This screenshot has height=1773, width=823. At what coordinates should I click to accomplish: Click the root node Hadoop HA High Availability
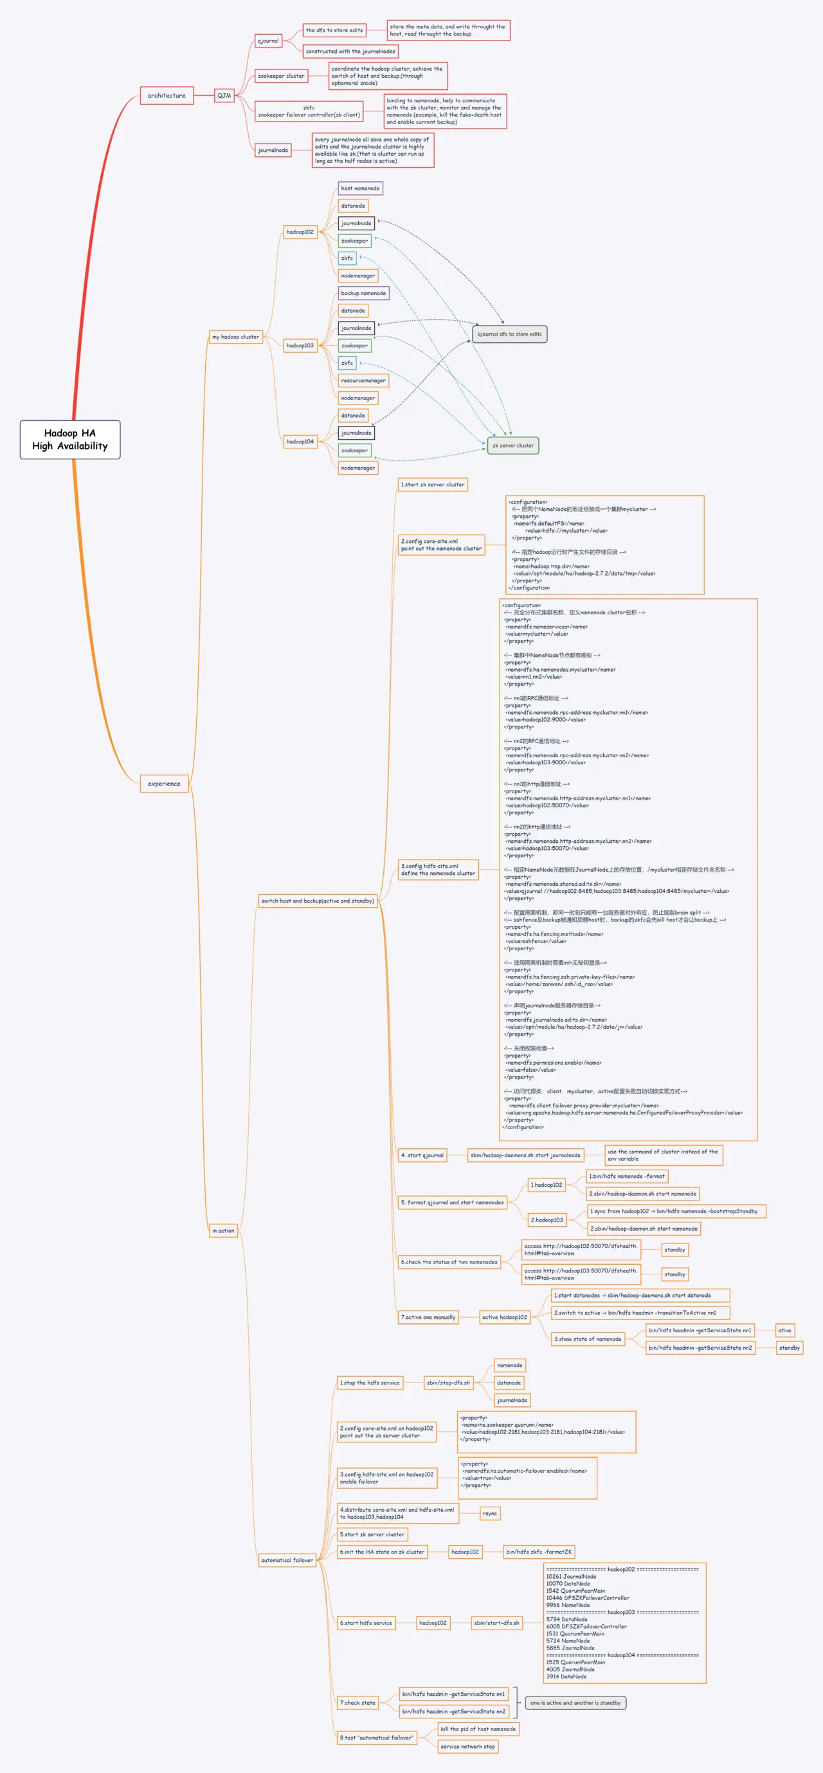coord(69,439)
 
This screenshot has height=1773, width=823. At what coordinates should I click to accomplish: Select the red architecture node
coord(167,96)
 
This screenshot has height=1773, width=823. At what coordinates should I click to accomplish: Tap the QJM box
coord(224,96)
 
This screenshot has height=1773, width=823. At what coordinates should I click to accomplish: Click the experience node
coord(164,784)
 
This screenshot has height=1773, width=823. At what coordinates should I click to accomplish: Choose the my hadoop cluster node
coord(235,336)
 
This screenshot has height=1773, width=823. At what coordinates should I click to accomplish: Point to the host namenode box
coord(360,188)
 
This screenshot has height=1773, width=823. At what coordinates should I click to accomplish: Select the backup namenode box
coord(363,293)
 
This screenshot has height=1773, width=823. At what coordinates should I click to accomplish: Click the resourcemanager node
coord(363,381)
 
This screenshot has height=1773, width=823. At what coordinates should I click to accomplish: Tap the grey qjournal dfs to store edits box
coord(509,334)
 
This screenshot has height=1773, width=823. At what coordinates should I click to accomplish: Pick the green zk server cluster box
coord(512,445)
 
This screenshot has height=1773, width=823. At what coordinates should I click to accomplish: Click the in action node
coord(223,1231)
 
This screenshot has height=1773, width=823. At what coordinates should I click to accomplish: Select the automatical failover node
coord(287,1560)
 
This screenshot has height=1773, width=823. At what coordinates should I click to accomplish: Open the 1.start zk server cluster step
coord(433,484)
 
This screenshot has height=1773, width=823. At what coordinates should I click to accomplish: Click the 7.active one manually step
coord(428,1318)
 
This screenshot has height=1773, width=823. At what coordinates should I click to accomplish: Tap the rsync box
coord(490,1514)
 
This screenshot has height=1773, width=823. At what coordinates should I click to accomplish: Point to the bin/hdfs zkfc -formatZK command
coord(539,1552)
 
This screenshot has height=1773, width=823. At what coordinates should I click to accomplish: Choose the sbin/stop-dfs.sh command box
coord(448,1383)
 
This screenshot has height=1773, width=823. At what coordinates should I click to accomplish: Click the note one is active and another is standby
coord(575,1703)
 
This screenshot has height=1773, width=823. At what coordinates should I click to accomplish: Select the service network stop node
coord(468,1746)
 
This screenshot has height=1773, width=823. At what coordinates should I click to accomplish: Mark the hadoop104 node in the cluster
coord(300,442)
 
